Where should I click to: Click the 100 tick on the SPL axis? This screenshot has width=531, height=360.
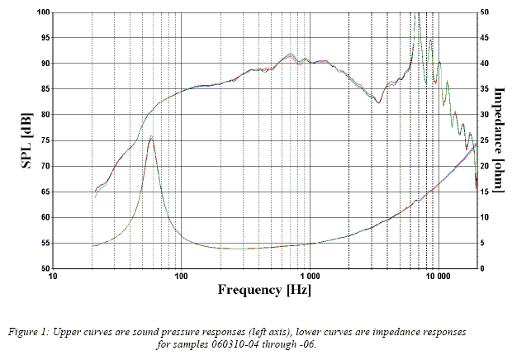40,12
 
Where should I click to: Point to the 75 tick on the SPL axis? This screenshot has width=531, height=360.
40,140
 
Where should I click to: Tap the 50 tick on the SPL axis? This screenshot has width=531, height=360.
41,268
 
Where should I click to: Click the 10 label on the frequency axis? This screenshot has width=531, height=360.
53,277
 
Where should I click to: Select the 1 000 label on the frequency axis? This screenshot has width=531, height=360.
311,277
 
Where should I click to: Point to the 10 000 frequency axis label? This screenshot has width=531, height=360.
439,277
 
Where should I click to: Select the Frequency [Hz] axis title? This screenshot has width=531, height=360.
263,290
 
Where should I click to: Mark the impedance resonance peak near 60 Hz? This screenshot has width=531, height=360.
151,137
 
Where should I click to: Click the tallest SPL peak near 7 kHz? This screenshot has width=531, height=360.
418,14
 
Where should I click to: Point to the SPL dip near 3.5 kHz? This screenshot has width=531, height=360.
378,102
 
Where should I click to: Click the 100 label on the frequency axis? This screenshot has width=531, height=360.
181,277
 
